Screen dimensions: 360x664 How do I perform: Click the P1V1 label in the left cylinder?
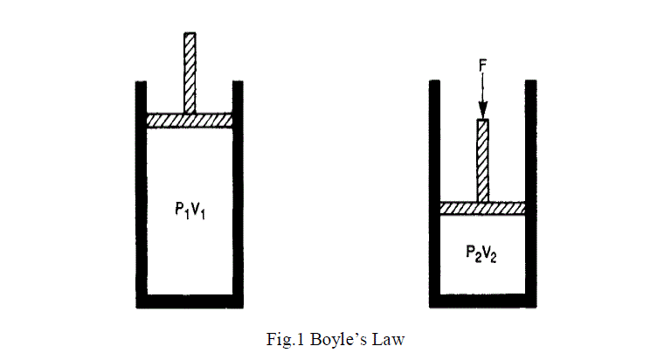click(x=190, y=210)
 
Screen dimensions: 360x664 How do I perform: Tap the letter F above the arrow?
click(x=482, y=65)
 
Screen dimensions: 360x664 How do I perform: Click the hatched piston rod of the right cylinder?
click(x=482, y=159)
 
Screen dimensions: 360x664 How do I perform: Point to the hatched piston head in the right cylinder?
click(x=482, y=208)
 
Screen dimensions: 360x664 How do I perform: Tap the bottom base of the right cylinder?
click(x=482, y=301)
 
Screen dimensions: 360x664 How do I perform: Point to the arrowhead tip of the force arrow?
click(x=482, y=114)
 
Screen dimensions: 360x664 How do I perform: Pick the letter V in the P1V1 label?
click(x=195, y=210)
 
